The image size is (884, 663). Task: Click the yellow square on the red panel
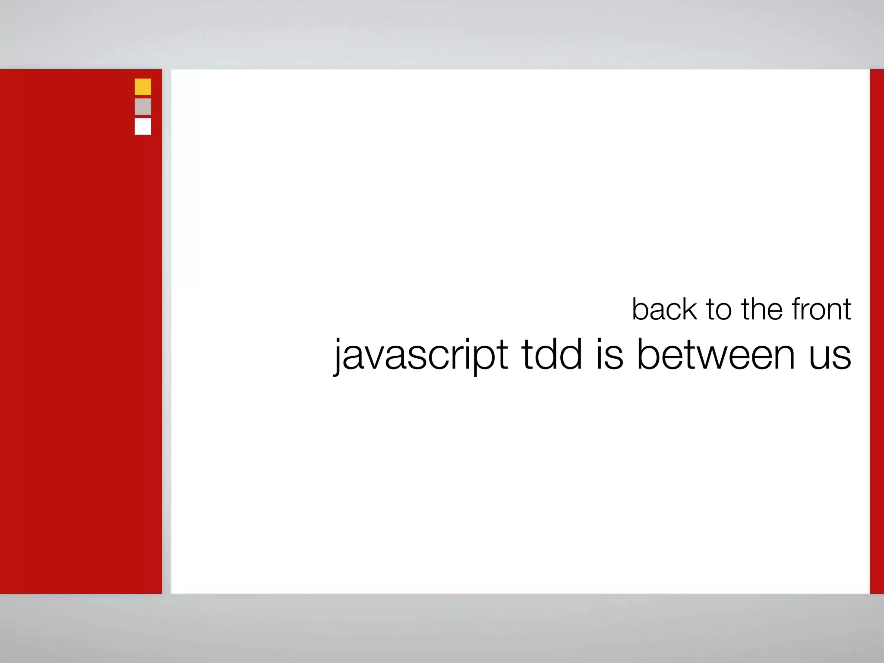pyautogui.click(x=143, y=87)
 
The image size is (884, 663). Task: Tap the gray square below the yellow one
pyautogui.click(x=143, y=107)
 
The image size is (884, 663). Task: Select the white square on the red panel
pyautogui.click(x=143, y=126)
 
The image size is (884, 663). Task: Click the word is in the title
pyautogui.click(x=610, y=355)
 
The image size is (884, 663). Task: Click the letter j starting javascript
pyautogui.click(x=339, y=356)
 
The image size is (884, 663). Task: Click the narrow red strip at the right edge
pyautogui.click(x=877, y=331)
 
